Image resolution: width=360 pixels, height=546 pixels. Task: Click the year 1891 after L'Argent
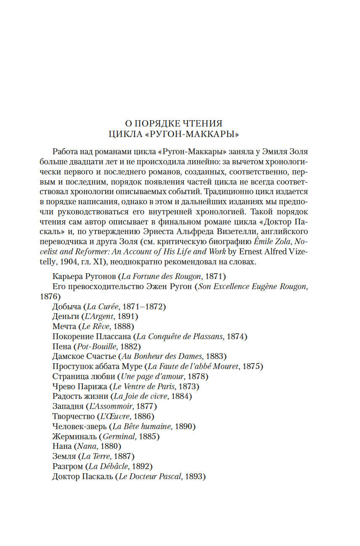coord(126,317)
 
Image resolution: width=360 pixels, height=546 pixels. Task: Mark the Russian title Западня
coord(67,406)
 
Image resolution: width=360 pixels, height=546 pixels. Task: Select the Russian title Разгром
coord(67,466)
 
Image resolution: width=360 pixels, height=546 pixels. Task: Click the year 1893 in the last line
coord(193,476)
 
